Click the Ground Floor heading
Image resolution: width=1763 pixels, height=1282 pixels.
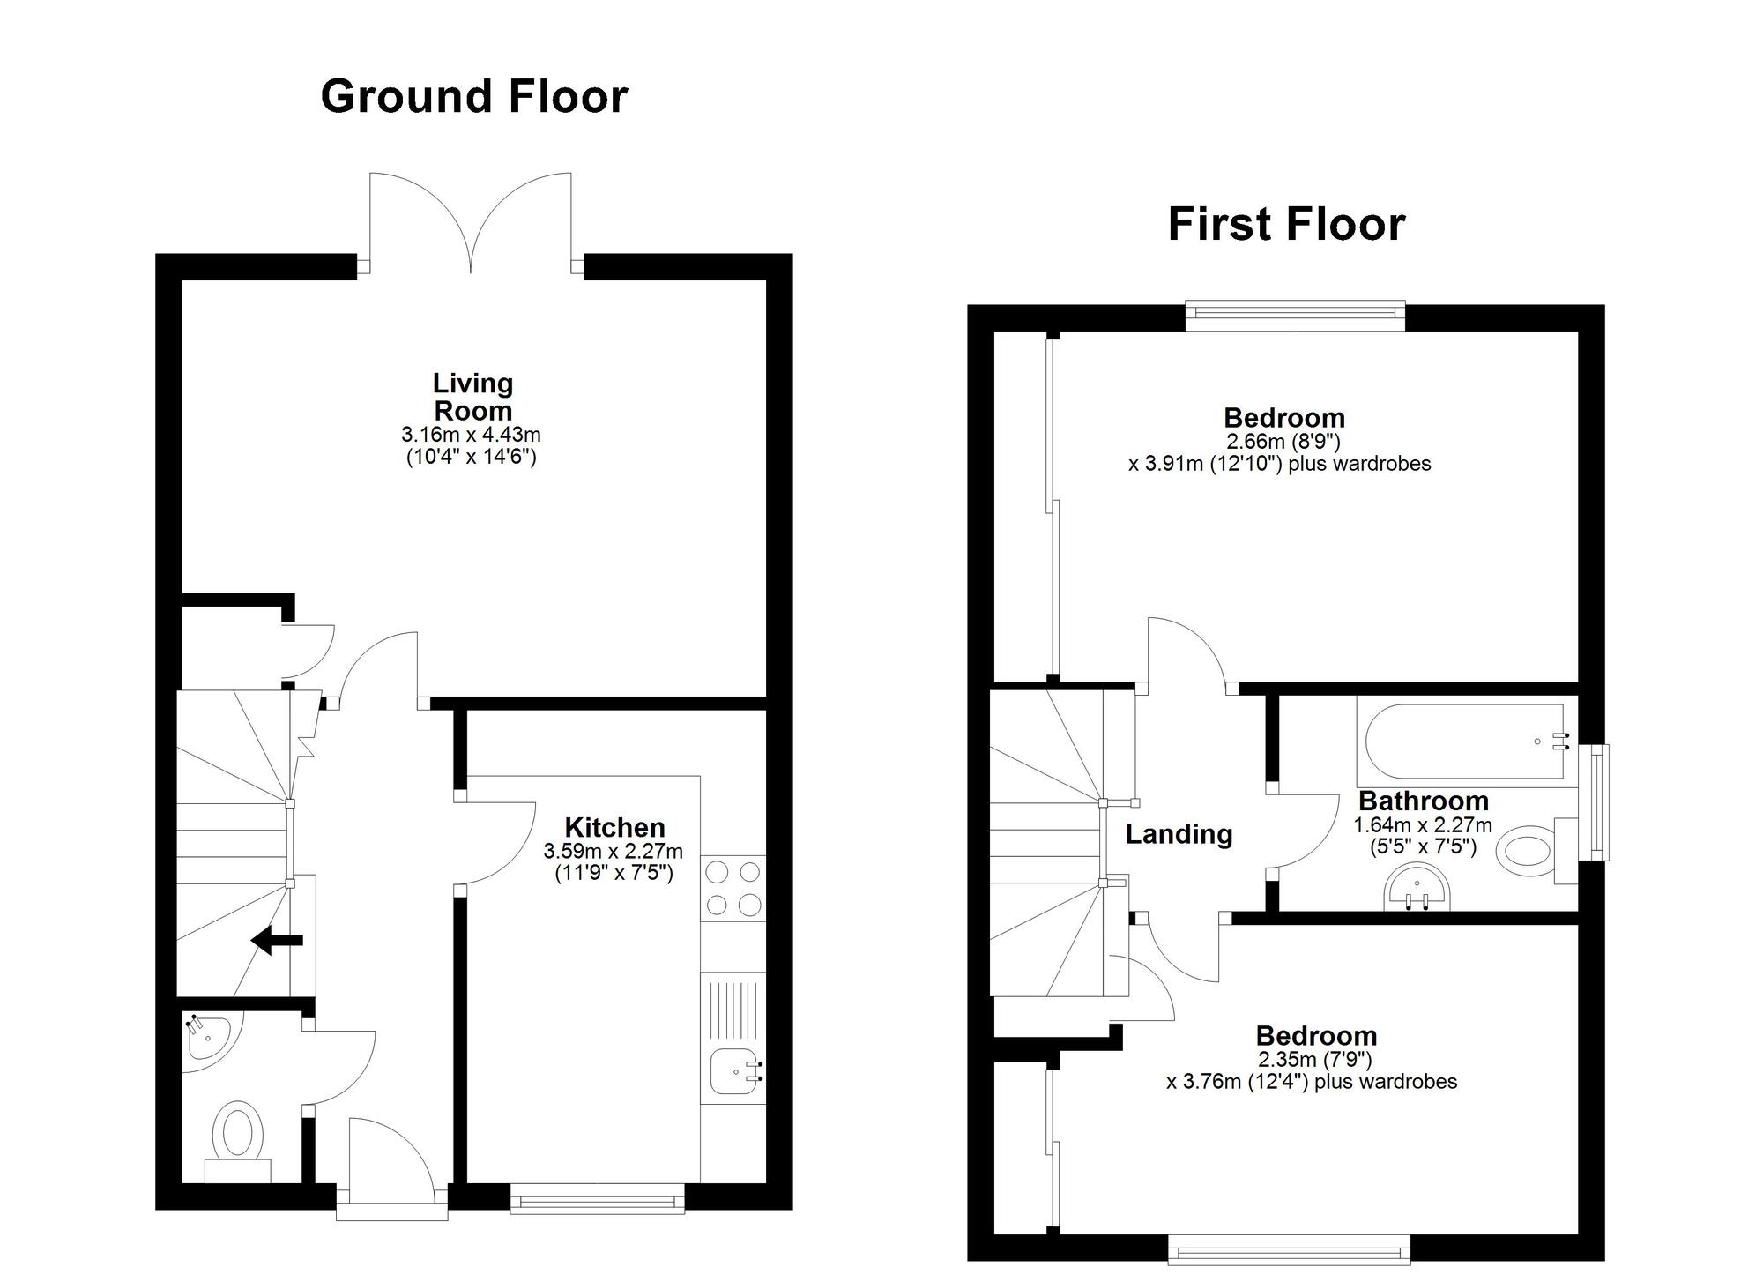473,97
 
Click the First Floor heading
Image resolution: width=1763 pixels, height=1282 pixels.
1286,224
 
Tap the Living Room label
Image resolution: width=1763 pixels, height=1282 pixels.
472,397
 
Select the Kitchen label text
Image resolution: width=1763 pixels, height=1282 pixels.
614,827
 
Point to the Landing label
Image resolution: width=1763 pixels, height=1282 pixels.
1179,833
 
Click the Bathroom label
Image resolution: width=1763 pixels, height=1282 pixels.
1423,801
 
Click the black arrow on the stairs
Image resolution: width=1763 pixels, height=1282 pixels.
277,941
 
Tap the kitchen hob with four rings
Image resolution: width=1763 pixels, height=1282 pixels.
733,888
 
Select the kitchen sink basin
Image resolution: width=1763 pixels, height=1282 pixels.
733,1070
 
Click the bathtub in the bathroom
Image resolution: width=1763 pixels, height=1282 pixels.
1463,742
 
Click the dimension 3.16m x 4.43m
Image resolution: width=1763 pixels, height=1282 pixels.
471,435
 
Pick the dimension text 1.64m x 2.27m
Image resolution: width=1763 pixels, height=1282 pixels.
1423,825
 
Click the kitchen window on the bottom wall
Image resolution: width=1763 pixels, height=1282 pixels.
598,1199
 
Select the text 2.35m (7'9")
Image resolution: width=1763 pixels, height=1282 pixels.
1315,1059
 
